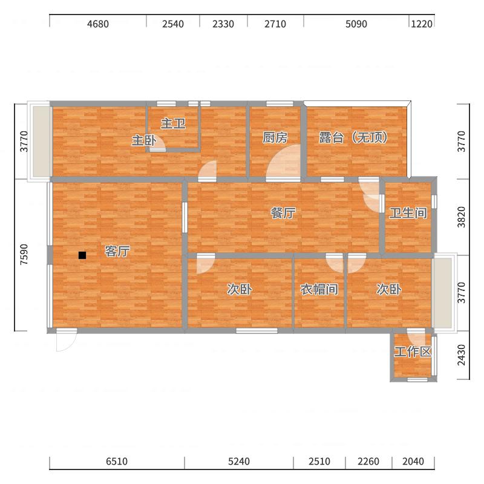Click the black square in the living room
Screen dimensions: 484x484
coord(82,255)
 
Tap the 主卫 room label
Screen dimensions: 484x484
coord(173,123)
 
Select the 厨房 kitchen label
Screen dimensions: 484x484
coord(275,137)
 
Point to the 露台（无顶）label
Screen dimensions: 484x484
coord(353,137)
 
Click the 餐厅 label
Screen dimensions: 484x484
coord(283,213)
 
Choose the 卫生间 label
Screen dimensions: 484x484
coord(408,213)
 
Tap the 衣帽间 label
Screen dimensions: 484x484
coord(319,289)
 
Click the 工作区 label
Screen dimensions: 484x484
coord(413,352)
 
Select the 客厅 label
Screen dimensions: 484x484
coord(117,251)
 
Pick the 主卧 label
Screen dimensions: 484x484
coord(144,140)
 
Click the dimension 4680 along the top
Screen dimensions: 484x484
coord(98,24)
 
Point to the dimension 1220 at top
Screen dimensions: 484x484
coord(422,24)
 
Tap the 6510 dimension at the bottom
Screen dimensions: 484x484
coord(117,461)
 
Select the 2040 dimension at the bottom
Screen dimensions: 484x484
coord(413,461)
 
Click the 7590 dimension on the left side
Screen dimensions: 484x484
coord(24,254)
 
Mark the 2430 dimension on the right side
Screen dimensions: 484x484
coord(461,355)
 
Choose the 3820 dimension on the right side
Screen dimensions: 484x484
coord(461,217)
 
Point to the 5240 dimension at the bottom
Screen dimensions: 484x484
coord(239,461)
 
